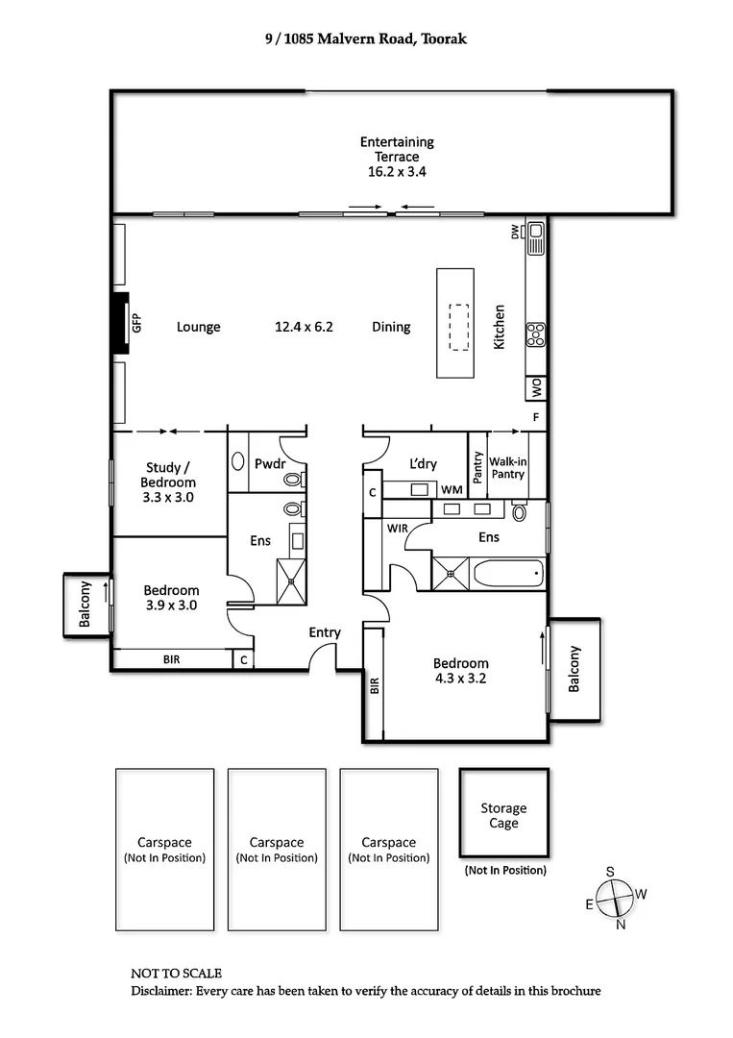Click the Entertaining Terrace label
397,156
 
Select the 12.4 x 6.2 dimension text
304,327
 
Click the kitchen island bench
455,323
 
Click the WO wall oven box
536,387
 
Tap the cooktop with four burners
536,334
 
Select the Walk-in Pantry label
507,468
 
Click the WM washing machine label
452,491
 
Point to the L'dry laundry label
423,464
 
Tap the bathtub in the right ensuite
508,575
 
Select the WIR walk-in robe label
399,529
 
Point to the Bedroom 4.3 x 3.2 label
460,671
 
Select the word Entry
325,632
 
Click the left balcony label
86,605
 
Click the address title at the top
365,40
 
